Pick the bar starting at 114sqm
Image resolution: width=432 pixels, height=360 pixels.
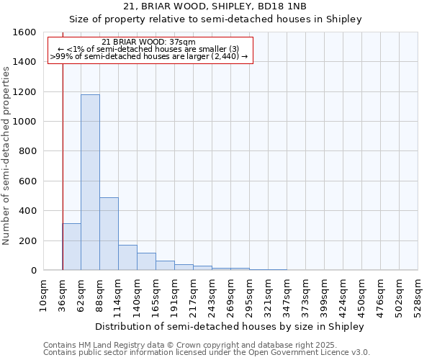(x=127, y=258)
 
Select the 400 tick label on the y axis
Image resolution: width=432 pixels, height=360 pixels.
(x=29, y=211)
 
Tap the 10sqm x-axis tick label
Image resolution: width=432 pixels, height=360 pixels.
(x=44, y=292)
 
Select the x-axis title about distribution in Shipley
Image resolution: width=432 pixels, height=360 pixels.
(x=230, y=326)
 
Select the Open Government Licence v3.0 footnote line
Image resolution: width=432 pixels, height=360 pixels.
(x=206, y=353)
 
